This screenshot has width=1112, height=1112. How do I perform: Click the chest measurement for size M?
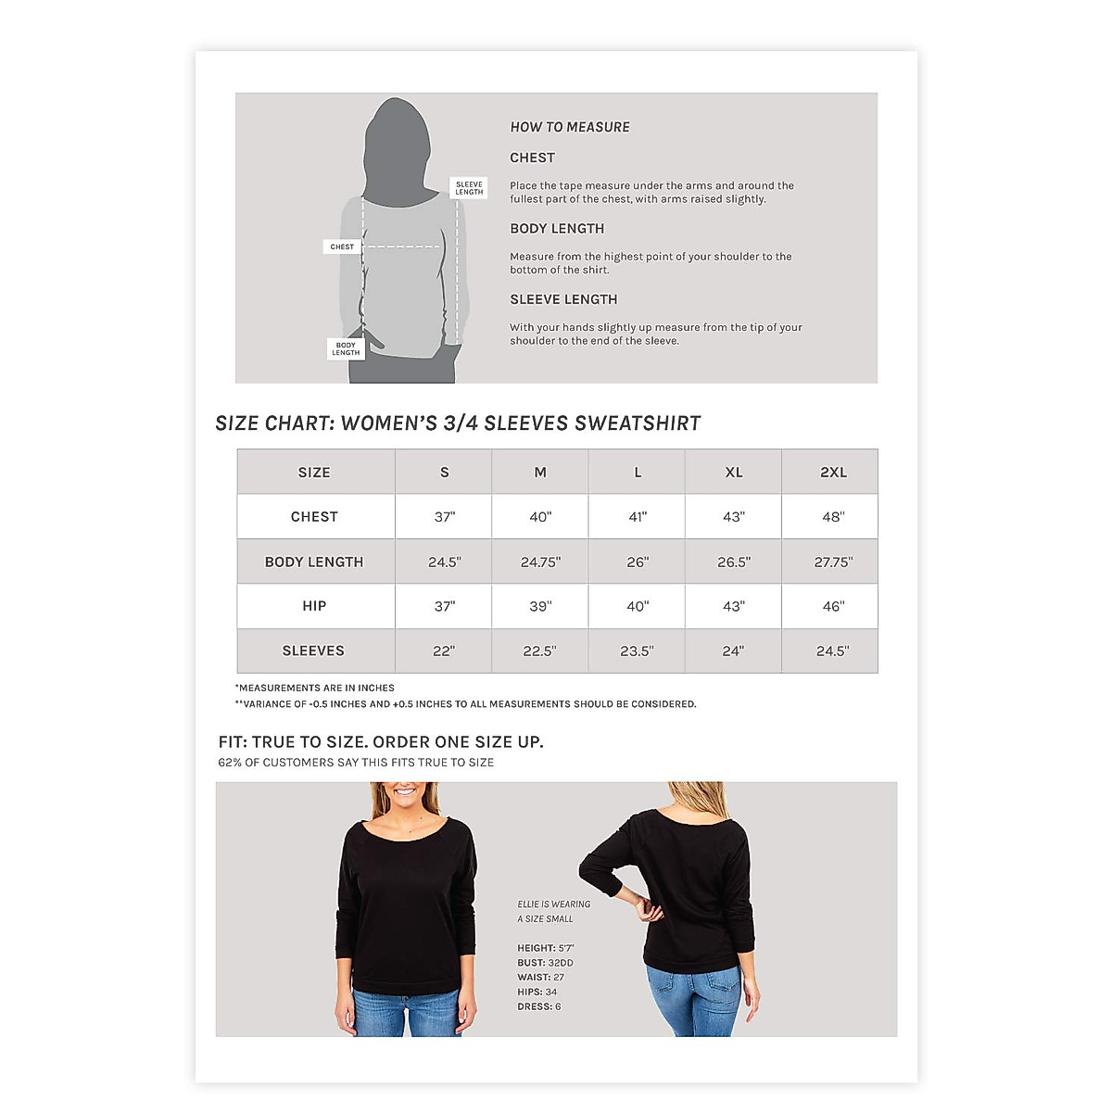click(540, 517)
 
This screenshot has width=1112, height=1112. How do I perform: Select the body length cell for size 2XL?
click(833, 562)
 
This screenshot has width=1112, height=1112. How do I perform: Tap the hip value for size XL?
click(733, 606)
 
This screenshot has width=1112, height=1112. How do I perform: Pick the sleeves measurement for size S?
click(444, 651)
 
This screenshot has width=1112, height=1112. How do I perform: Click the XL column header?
click(733, 473)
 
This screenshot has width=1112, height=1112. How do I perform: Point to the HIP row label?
click(314, 606)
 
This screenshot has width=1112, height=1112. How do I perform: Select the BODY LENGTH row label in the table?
click(314, 562)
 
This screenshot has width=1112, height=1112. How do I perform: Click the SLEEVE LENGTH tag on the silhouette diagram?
click(469, 188)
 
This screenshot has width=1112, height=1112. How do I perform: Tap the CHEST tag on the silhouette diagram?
click(342, 246)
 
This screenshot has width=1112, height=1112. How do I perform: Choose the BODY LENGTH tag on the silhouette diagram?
click(346, 348)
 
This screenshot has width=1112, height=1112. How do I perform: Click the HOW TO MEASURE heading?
click(570, 127)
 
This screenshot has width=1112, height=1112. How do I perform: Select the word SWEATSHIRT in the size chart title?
click(638, 423)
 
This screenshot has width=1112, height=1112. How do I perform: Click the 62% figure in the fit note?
click(230, 763)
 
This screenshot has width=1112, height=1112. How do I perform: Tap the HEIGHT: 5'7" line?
click(546, 948)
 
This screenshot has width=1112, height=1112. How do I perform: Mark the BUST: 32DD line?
click(545, 963)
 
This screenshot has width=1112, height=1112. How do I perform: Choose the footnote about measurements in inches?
click(316, 688)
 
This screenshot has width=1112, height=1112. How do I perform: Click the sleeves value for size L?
click(637, 651)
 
